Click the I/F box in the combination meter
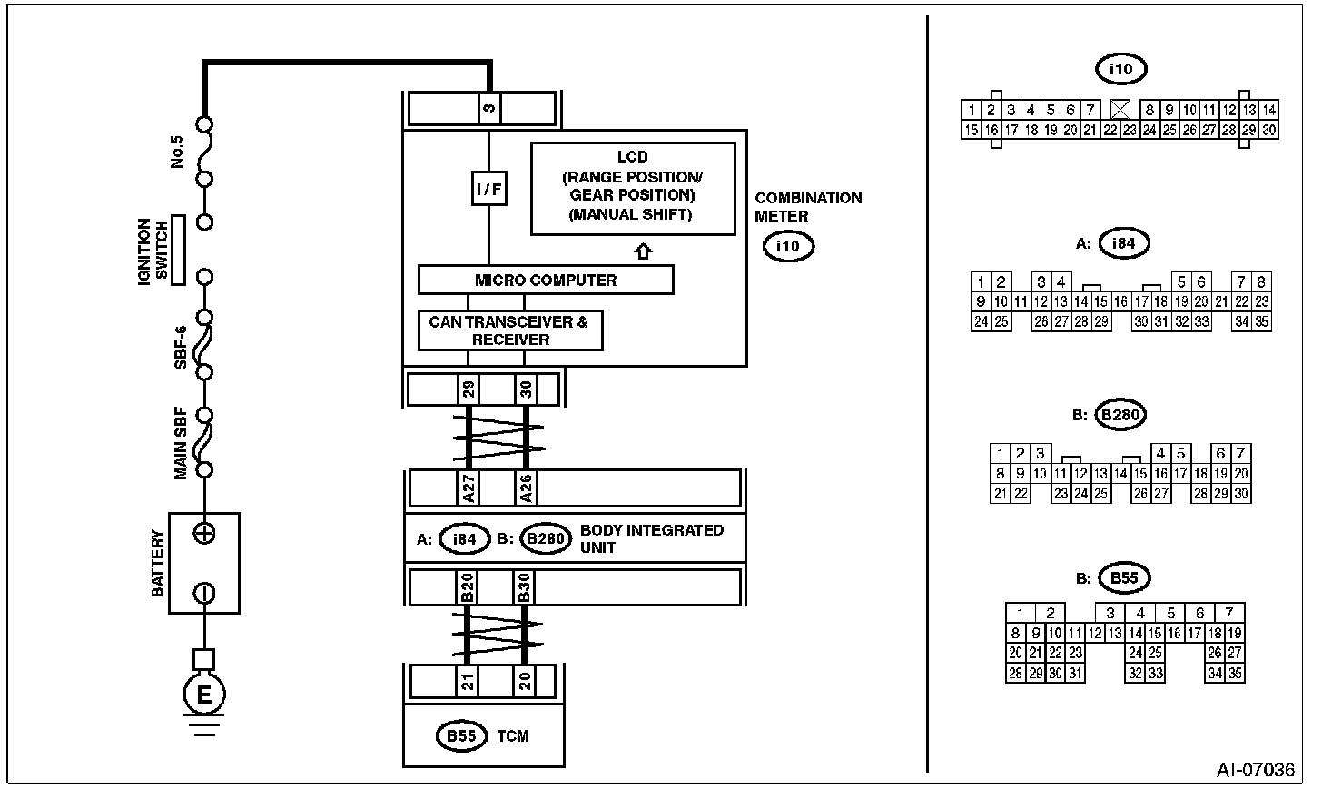coord(488,188)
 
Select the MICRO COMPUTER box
coord(546,280)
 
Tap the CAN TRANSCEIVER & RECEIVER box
coord(510,330)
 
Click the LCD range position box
coord(633,189)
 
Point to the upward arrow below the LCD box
coord(643,251)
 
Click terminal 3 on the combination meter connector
coord(489,108)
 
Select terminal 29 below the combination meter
coord(469,389)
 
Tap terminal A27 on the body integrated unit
coord(469,488)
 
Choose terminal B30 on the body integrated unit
coord(524,587)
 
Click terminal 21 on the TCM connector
coord(468,681)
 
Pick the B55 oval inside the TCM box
coord(461,736)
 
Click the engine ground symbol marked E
coord(204,694)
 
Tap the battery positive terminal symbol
coord(204,534)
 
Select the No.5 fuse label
coord(176,152)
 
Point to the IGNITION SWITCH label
coord(153,251)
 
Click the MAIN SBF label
coord(180,443)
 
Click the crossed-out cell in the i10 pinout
coord(1120,110)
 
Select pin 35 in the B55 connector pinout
coord(1235,673)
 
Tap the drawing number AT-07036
coord(1256,770)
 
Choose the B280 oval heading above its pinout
coord(1120,414)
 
